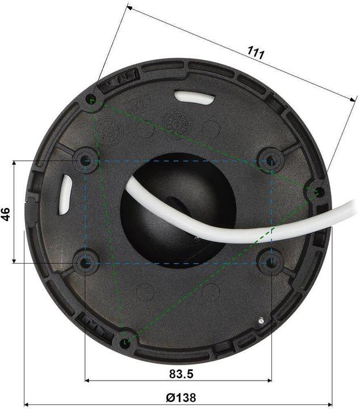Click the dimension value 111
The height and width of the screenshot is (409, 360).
(256, 53)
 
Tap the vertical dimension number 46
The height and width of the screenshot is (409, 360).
(6, 214)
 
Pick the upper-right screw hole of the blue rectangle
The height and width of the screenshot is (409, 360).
(271, 160)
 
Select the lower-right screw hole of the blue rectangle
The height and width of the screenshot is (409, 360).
(271, 262)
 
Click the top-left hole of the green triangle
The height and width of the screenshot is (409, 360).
(91, 101)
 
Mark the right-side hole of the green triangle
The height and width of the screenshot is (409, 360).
(319, 191)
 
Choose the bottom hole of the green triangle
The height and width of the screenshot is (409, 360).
(125, 342)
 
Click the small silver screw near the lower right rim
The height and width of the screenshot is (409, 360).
(260, 320)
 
